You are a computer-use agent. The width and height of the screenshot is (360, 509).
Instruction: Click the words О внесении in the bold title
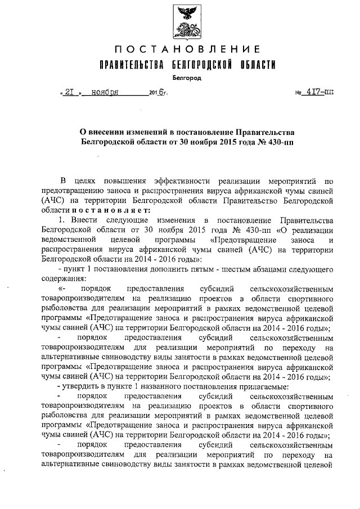tap(101, 132)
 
